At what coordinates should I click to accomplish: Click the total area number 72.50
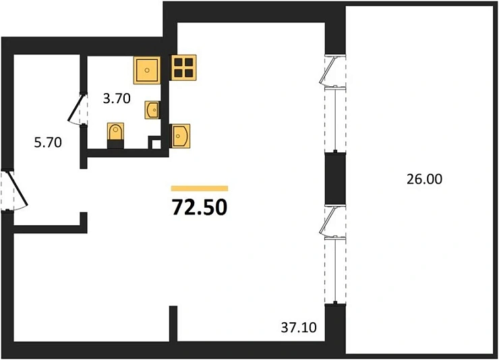tap(200, 207)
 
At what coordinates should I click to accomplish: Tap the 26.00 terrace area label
tap(424, 179)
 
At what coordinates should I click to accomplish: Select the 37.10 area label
tap(299, 327)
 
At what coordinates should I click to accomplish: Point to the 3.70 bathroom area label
tap(117, 98)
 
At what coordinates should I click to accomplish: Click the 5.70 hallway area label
tap(48, 142)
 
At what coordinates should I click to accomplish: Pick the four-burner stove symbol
tap(183, 67)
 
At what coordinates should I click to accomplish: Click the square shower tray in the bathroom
tap(147, 70)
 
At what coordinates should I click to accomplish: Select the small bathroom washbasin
tap(152, 110)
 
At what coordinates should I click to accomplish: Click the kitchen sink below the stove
tap(181, 136)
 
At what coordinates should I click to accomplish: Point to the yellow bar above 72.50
tap(200, 189)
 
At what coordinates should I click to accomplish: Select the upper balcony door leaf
tap(328, 71)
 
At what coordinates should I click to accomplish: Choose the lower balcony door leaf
tap(328, 222)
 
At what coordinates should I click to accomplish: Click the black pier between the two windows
tap(335, 179)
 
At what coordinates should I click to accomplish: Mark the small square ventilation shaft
tap(156, 143)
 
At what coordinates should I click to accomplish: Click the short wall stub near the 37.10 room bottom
tap(173, 324)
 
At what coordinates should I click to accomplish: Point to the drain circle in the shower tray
tap(147, 70)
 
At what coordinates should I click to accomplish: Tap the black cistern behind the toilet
tap(115, 145)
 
